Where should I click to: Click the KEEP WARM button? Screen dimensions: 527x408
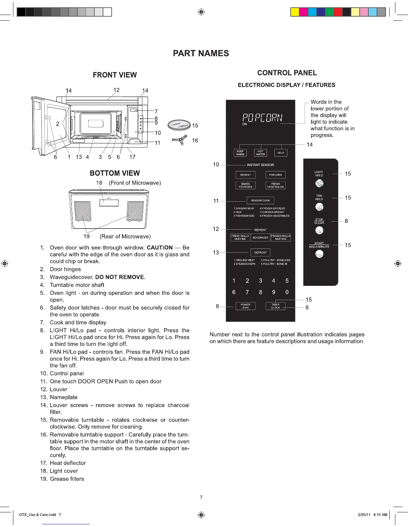click(x=240, y=153)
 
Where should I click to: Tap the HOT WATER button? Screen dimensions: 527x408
click(x=260, y=153)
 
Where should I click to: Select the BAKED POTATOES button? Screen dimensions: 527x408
click(x=245, y=185)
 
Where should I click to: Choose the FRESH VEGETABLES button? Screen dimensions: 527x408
click(x=275, y=185)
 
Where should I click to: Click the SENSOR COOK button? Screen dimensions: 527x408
click(x=260, y=201)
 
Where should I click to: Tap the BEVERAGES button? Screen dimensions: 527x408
click(x=260, y=238)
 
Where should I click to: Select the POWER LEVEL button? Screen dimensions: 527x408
click(x=245, y=306)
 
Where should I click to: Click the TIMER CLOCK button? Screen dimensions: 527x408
click(x=275, y=306)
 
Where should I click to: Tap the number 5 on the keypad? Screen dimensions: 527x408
click(x=287, y=281)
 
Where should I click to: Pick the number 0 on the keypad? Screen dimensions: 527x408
click(x=287, y=292)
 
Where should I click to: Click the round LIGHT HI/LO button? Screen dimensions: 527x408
click(x=319, y=183)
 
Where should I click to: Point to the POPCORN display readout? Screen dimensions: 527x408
click(x=262, y=118)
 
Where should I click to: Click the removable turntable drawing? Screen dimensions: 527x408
click(x=179, y=125)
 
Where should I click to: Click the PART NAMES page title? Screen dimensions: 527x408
click(x=201, y=54)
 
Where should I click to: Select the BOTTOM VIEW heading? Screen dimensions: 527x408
click(x=115, y=173)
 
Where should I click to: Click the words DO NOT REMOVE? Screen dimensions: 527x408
click(x=120, y=277)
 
